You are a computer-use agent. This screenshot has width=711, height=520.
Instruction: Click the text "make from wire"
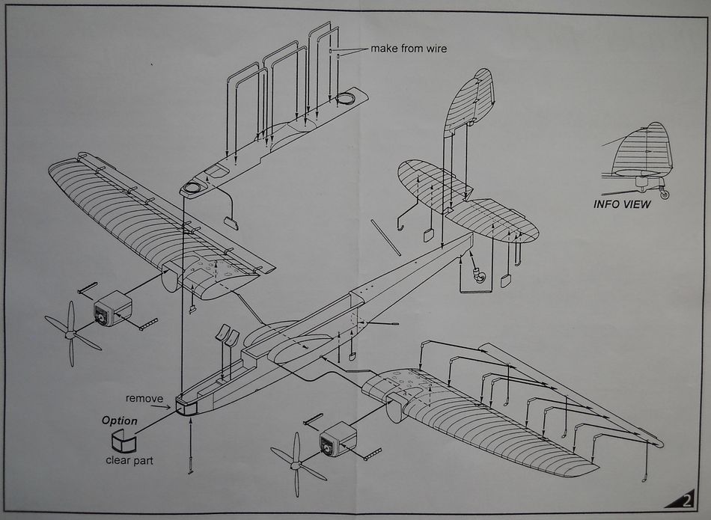(x=409, y=49)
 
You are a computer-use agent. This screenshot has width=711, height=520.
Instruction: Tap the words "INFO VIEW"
(x=622, y=204)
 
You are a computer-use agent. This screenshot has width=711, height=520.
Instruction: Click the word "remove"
(x=144, y=399)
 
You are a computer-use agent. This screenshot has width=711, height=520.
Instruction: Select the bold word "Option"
(x=120, y=420)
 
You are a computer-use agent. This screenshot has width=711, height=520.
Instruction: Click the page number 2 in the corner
(x=686, y=502)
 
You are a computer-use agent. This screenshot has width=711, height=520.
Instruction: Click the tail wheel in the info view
(x=665, y=195)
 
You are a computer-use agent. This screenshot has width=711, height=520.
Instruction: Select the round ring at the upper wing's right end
(x=345, y=98)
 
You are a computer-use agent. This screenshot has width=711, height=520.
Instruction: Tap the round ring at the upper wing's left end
(x=192, y=189)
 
